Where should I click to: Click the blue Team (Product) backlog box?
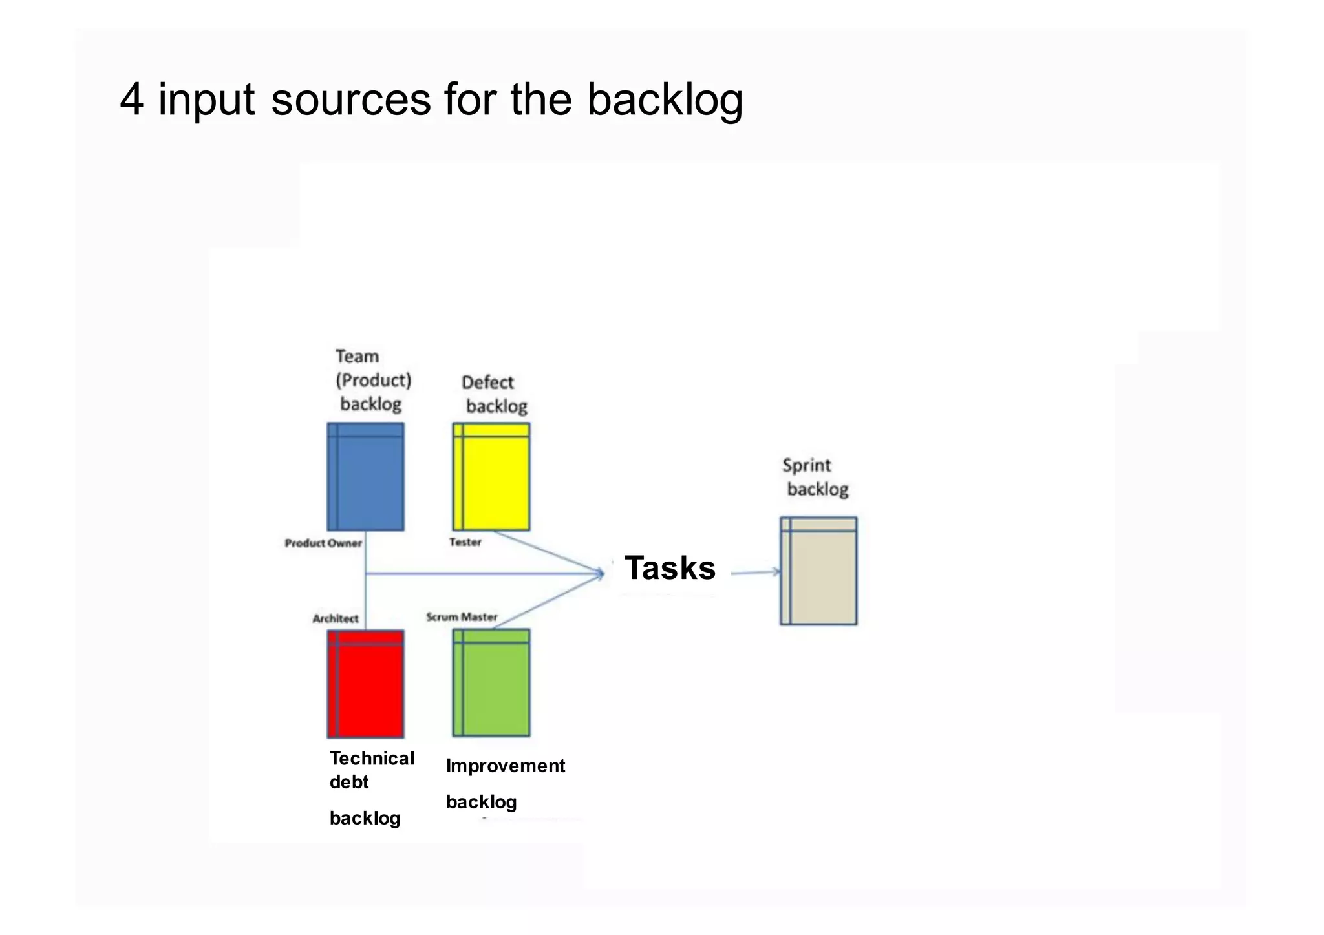[365, 477]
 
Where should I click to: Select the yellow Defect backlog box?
[491, 477]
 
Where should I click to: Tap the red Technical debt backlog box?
[365, 684]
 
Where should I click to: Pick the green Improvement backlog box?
[491, 682]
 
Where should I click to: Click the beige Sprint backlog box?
[818, 571]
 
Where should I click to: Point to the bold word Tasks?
[670, 569]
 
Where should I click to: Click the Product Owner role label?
[323, 543]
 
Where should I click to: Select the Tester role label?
[465, 542]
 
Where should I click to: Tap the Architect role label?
[336, 618]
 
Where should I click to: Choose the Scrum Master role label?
[462, 617]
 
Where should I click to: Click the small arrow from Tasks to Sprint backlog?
[756, 572]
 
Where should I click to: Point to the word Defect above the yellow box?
[487, 383]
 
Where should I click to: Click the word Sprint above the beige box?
[806, 465]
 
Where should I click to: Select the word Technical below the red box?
[372, 759]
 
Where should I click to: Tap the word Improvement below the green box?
[506, 766]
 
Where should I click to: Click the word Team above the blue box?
[357, 357]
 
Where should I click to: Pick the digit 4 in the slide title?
[131, 100]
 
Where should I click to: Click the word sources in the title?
[350, 100]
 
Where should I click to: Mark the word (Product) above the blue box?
[373, 380]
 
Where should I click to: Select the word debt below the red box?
[349, 783]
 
